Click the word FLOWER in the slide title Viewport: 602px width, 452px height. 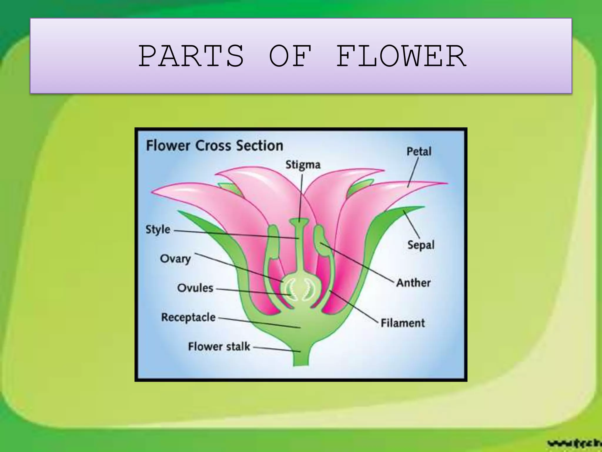click(401, 56)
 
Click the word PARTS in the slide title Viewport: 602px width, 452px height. click(191, 56)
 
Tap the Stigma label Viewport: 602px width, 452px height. click(303, 164)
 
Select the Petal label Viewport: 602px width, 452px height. click(419, 151)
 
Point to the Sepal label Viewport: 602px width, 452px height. click(421, 245)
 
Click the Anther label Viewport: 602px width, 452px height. click(413, 283)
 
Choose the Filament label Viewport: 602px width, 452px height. click(402, 323)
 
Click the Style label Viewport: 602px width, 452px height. click(158, 230)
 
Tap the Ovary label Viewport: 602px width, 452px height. click(175, 259)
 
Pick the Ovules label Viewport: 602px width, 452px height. click(195, 288)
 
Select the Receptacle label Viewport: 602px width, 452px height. click(188, 317)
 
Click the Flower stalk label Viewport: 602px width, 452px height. click(219, 346)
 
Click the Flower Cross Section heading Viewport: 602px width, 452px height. click(215, 146)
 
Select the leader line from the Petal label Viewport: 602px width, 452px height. click(413, 172)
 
